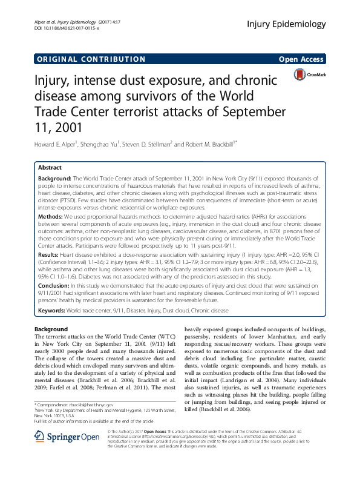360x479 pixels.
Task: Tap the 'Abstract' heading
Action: (50, 167)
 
